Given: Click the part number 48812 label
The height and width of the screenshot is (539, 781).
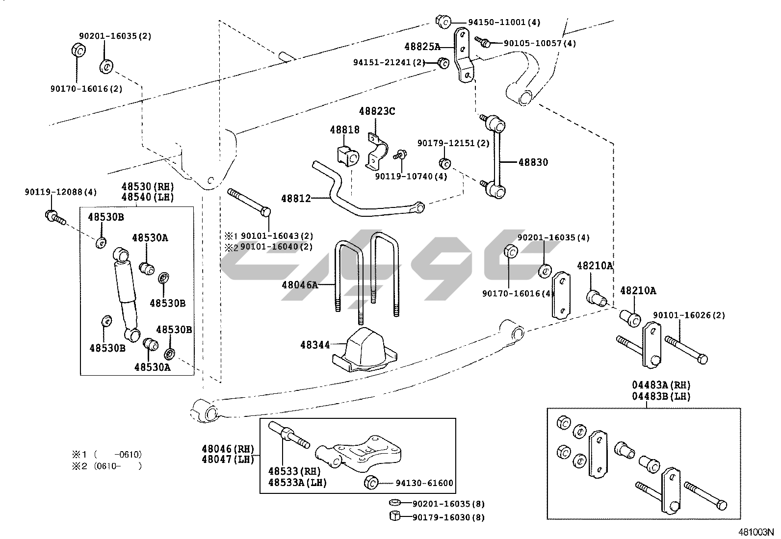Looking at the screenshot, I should pos(296,199).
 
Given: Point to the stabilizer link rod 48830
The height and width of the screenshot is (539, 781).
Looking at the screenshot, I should pos(496,155).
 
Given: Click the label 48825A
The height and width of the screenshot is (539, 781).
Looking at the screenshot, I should pos(422,47).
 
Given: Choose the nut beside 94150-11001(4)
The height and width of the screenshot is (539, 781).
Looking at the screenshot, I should pos(443,21).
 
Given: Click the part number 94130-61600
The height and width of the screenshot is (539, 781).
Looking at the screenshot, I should pos(424,483).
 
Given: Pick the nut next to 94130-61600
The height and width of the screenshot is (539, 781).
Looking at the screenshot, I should pos(371,483).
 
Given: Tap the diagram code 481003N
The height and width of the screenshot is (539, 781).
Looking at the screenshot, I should pos(756,531).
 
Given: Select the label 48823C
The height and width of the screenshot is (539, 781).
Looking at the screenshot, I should pos(377,111).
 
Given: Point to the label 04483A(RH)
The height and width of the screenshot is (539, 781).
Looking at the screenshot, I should pos(661,385).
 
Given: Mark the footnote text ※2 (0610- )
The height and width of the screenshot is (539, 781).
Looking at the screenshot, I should pos(106,466).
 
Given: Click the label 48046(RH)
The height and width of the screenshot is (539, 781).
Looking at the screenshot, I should pos(228,448).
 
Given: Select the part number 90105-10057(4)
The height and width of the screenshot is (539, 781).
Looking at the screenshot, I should pos(540,43).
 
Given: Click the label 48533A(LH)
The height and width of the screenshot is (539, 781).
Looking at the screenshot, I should pos(297,482).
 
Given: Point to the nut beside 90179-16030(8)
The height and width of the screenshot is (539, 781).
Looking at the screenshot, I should pos(395,516).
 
